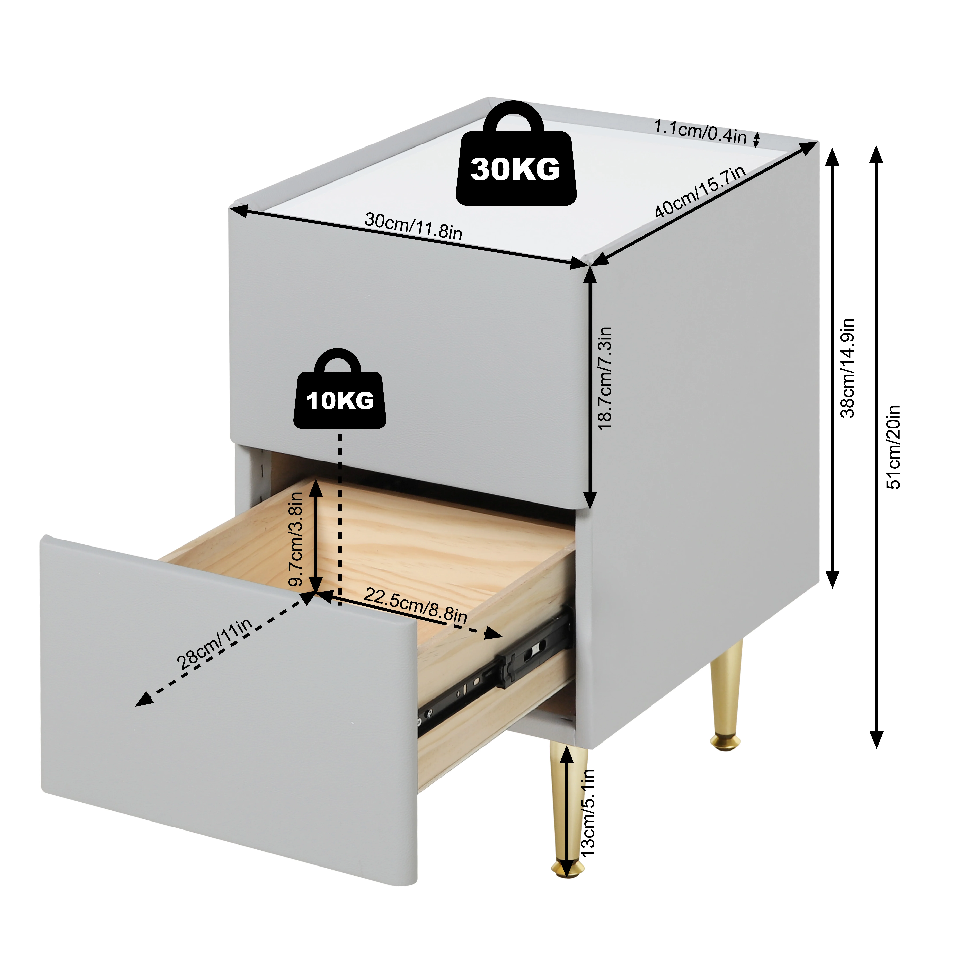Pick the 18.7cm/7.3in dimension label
click(605, 378)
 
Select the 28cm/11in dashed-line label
click(214, 644)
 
